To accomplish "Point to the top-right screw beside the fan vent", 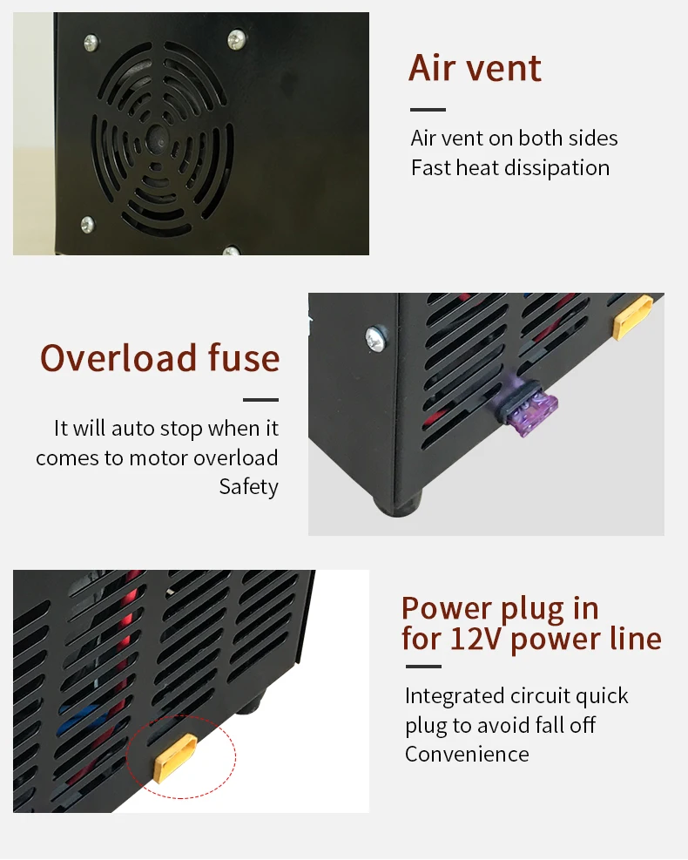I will [x=236, y=37].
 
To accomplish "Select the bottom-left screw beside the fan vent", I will [x=87, y=223].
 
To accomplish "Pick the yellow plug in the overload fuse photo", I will [x=632, y=316].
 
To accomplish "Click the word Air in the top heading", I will [x=432, y=68].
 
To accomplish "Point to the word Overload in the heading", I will [x=118, y=358].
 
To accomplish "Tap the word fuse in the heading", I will [x=244, y=358].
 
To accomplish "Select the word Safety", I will [x=249, y=486].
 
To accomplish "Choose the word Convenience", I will [x=467, y=754].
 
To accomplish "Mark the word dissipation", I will [x=563, y=167].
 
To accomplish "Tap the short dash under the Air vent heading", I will [x=428, y=110].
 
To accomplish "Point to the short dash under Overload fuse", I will [x=260, y=400].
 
